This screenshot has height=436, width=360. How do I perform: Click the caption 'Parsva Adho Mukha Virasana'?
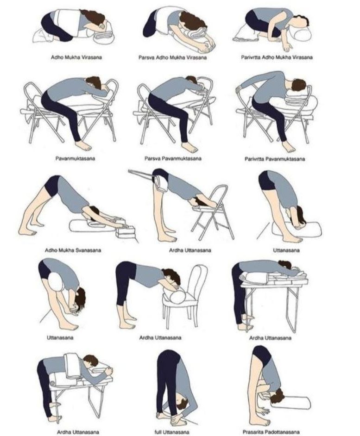pyautogui.click(x=173, y=57)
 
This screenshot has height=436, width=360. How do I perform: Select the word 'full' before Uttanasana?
pyautogui.click(x=158, y=432)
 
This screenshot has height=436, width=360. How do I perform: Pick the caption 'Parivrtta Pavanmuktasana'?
pyautogui.click(x=275, y=159)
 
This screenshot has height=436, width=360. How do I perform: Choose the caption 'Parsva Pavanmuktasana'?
pyautogui.click(x=173, y=158)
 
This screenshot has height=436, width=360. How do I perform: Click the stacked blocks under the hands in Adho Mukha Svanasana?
pyautogui.click(x=126, y=231)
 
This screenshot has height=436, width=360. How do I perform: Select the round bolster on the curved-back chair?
pyautogui.click(x=175, y=296)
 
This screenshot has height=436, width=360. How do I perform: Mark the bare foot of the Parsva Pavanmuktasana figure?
pyautogui.click(x=190, y=147)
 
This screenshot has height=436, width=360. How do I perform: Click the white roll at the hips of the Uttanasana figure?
pyautogui.click(x=55, y=282)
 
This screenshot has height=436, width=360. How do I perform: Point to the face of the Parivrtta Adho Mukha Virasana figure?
pyautogui.click(x=298, y=25)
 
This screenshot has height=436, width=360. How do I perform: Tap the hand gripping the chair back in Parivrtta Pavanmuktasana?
pyautogui.click(x=239, y=89)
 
